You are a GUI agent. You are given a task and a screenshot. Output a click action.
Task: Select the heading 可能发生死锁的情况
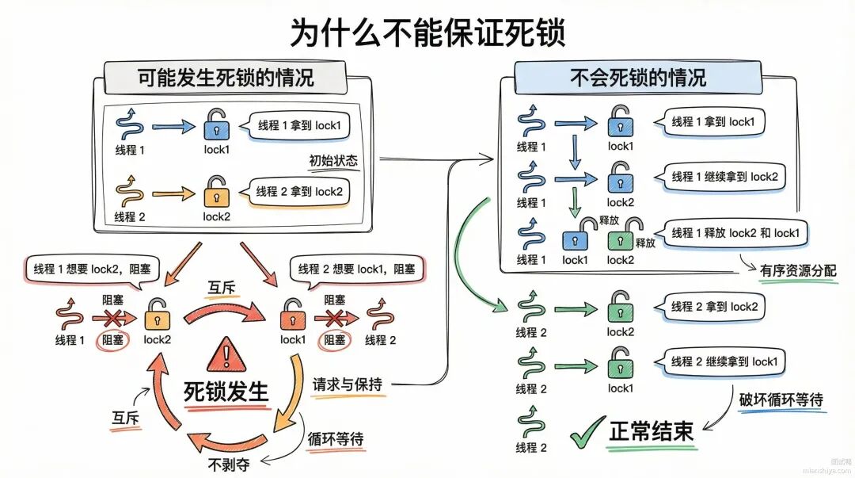click(x=225, y=78)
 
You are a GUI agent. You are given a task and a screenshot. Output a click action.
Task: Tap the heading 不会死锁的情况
click(x=638, y=78)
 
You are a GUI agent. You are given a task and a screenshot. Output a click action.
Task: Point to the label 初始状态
click(x=333, y=161)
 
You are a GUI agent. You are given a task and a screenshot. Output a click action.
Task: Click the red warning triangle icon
click(x=226, y=354)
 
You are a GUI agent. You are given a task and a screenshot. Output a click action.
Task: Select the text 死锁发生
click(x=226, y=391)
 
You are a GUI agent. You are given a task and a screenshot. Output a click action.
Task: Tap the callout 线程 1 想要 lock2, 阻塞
click(x=92, y=270)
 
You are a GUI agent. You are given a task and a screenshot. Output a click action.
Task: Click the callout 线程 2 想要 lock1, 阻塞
click(x=356, y=270)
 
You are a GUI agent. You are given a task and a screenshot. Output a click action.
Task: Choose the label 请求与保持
click(x=348, y=384)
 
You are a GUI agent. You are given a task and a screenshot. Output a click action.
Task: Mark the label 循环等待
click(x=336, y=439)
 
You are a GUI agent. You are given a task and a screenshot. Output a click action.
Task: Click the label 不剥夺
click(x=229, y=465)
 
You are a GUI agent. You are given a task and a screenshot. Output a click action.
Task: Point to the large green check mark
click(x=587, y=432)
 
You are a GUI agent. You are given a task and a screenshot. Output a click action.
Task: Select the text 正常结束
click(x=651, y=431)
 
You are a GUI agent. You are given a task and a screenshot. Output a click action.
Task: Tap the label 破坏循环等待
click(x=781, y=400)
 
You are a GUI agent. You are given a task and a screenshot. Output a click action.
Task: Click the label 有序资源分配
click(x=798, y=270)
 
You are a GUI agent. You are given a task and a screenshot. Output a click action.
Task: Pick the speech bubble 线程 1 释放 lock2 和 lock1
click(x=735, y=234)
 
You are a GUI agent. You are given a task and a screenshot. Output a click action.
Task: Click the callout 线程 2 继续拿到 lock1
click(x=724, y=362)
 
